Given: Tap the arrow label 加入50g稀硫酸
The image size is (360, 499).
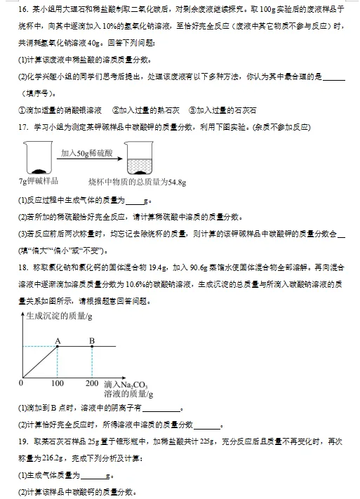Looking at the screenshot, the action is click(88, 152).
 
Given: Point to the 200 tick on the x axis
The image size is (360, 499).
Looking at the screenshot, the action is click(91, 383).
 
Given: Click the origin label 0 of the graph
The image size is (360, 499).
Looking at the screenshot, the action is click(20, 383).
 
